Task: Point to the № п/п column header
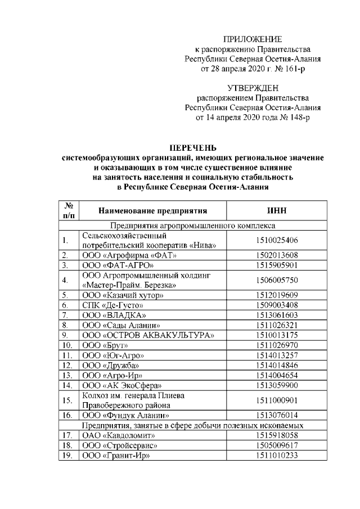[70, 210]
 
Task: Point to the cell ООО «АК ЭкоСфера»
[122, 385]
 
